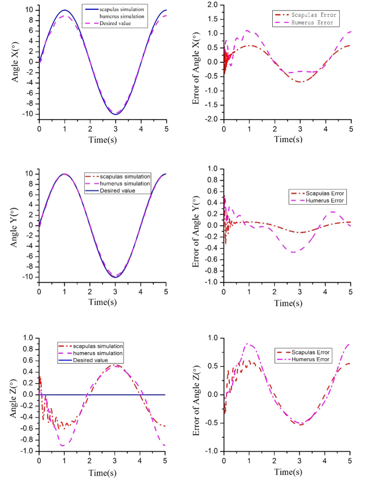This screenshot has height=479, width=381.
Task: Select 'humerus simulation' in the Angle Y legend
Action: pos(118,184)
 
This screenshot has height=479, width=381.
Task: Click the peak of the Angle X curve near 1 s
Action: pos(64,10)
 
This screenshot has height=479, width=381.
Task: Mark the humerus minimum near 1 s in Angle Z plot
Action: pos(64,446)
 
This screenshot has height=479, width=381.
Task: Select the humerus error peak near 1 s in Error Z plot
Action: pos(248,343)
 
